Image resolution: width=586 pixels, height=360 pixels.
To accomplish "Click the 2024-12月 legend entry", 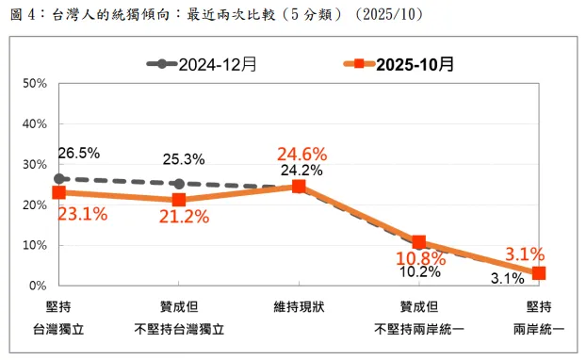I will coord(202,65).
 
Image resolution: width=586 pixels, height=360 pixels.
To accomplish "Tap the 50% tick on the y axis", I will coord(35,84).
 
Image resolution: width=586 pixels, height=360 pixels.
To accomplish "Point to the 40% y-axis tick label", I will coord(35,124).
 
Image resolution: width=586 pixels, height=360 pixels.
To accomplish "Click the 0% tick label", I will coord(39,286).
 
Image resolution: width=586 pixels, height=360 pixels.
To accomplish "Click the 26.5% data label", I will coord(78,153).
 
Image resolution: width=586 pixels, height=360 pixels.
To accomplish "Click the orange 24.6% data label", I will coord(301,154).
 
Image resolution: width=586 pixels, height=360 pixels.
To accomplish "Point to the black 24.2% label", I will coord(301,171).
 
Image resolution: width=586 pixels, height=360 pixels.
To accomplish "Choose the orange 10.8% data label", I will coord(419,257).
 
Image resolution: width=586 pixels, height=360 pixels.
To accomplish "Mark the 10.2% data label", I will coord(419,272).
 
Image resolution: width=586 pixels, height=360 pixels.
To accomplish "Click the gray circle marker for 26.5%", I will coord(59,178).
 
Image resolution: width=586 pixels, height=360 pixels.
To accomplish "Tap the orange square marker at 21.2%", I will coord(179,200).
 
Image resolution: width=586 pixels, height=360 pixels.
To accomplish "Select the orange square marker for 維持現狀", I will coord(299,187).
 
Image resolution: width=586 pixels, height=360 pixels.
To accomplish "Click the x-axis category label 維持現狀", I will coord(299,307).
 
